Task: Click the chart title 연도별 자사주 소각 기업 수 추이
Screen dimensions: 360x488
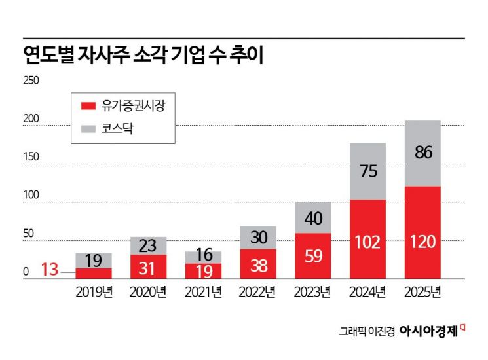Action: tap(143, 55)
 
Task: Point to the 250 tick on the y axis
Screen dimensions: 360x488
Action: tap(31, 81)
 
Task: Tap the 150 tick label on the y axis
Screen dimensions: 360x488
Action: tap(31, 157)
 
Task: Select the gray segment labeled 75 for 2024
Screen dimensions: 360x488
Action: tap(367, 171)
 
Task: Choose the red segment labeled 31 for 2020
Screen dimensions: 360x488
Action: tap(148, 267)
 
